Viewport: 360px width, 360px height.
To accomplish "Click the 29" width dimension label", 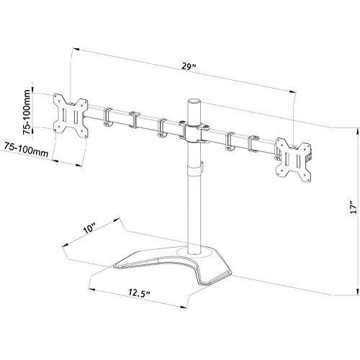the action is (189, 66).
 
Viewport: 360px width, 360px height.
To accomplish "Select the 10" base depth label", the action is (89, 228).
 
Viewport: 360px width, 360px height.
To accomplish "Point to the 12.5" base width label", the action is (139, 293).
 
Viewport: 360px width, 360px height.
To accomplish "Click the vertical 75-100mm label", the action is (27, 112).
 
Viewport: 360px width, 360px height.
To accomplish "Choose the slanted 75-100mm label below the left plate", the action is (27, 149).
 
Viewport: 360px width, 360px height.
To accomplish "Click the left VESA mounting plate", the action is (71, 116).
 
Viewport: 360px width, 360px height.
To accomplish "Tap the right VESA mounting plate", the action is (294, 159).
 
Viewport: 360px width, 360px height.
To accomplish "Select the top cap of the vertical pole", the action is (194, 102).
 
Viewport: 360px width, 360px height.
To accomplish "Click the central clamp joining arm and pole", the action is (194, 132).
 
